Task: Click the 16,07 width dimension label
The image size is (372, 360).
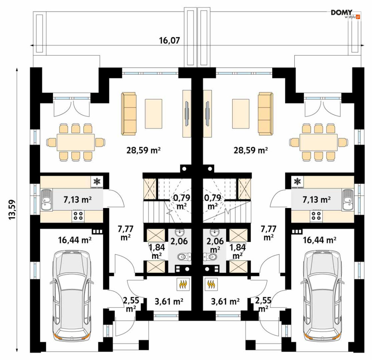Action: tap(169, 41)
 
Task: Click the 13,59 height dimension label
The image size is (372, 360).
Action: tap(12, 210)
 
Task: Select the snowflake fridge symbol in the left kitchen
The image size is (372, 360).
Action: tap(96, 182)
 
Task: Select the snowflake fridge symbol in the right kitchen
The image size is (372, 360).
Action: tap(297, 182)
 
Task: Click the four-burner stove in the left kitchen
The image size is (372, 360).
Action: tap(78, 216)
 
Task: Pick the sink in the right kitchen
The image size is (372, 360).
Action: tap(348, 199)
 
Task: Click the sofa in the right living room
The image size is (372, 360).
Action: tap(265, 114)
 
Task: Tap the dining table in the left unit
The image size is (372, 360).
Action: tap(76, 142)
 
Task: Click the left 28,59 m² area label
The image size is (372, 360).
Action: tap(144, 150)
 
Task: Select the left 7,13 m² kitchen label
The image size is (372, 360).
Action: tap(78, 200)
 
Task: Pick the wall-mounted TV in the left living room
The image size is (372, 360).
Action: tap(187, 114)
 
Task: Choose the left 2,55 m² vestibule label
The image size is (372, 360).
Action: tap(131, 304)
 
